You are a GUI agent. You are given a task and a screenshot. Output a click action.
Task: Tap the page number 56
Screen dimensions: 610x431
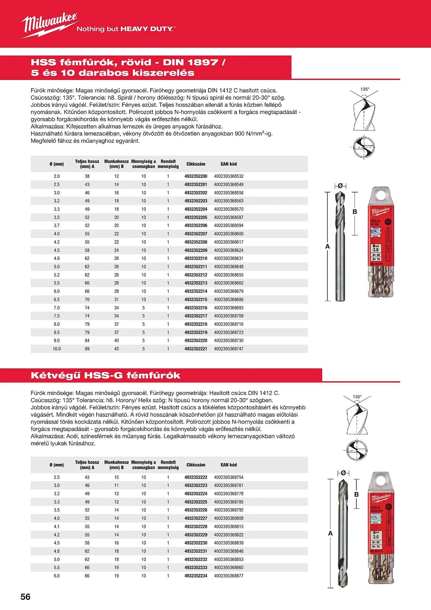point(26,597)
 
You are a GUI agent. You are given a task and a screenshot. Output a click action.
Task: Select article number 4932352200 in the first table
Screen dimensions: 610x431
point(196,176)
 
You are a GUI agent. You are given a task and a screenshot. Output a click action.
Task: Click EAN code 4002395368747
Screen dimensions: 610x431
point(229,349)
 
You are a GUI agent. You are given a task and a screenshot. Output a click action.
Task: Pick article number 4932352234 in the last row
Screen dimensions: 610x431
point(196,576)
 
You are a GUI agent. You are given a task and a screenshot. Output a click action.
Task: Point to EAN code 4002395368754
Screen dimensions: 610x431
point(229,477)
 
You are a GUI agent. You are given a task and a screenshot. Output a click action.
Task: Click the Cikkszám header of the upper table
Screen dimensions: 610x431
point(196,164)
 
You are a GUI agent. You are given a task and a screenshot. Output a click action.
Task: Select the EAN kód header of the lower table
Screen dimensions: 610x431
point(229,465)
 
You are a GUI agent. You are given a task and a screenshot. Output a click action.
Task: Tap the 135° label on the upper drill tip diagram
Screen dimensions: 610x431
point(365,89)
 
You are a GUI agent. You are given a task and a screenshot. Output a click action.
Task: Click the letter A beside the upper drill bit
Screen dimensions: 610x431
point(328,246)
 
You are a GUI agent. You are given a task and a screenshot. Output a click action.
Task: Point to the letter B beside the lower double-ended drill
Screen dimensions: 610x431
point(356,494)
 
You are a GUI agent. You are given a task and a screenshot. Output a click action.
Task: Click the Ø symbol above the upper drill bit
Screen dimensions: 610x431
point(340,185)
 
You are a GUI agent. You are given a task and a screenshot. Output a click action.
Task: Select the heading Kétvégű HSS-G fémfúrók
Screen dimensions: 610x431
point(105,375)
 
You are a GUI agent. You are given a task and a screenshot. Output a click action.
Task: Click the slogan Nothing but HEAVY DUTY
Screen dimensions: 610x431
point(126,29)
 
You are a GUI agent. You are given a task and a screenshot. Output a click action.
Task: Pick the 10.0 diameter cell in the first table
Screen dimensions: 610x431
point(57,349)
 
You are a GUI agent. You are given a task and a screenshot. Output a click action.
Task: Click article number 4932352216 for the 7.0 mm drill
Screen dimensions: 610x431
point(196,308)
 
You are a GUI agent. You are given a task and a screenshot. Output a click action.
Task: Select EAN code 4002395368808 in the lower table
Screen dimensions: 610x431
point(229,518)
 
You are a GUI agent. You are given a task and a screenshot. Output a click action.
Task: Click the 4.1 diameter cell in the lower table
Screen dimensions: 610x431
point(57,526)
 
